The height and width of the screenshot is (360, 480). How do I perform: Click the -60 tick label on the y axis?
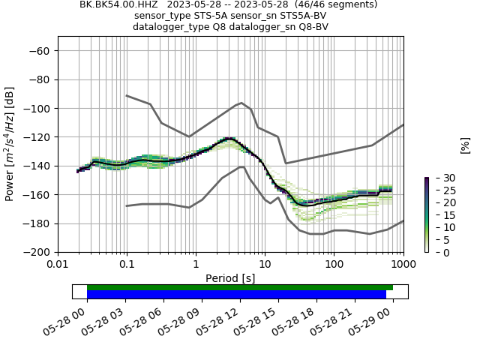(x=40, y=50)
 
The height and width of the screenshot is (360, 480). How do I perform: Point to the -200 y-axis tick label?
(x=37, y=252)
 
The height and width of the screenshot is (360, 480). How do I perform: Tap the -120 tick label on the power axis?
(x=37, y=136)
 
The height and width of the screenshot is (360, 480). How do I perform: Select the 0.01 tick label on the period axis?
(x=58, y=265)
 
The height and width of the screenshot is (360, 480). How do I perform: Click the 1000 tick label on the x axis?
(x=403, y=265)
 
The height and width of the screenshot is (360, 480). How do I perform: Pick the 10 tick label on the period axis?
(x=265, y=265)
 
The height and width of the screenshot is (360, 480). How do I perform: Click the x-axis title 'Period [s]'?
(x=230, y=278)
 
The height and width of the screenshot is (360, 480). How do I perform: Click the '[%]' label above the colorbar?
(x=465, y=145)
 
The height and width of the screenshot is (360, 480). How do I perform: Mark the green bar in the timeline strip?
(x=240, y=287)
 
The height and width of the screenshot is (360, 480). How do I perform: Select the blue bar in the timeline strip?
(x=236, y=295)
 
